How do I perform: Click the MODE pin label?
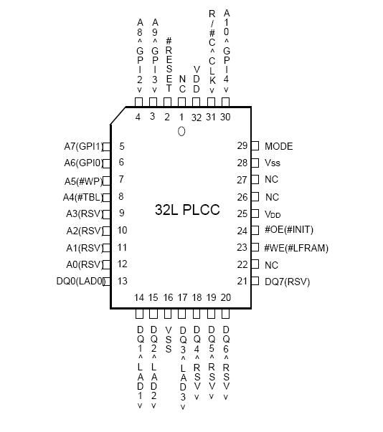(x=278, y=146)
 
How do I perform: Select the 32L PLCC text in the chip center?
(x=187, y=210)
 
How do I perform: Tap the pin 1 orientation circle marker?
(x=181, y=131)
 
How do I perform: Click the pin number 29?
(x=242, y=145)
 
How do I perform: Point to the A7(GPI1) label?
(x=83, y=146)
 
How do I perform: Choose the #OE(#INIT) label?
(x=289, y=229)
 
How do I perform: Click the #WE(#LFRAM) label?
(x=296, y=248)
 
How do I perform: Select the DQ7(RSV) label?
(x=288, y=282)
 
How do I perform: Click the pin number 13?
(x=122, y=281)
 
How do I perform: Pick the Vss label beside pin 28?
(x=272, y=163)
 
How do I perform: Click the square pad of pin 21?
(x=255, y=281)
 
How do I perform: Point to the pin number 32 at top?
(x=197, y=117)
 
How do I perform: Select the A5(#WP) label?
(x=83, y=181)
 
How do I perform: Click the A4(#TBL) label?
(x=82, y=197)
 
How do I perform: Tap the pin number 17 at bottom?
(x=182, y=297)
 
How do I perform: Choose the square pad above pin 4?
(x=138, y=102)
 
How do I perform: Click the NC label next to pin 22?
(x=271, y=265)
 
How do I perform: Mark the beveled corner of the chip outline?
(x=118, y=116)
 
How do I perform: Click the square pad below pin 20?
(x=225, y=314)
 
